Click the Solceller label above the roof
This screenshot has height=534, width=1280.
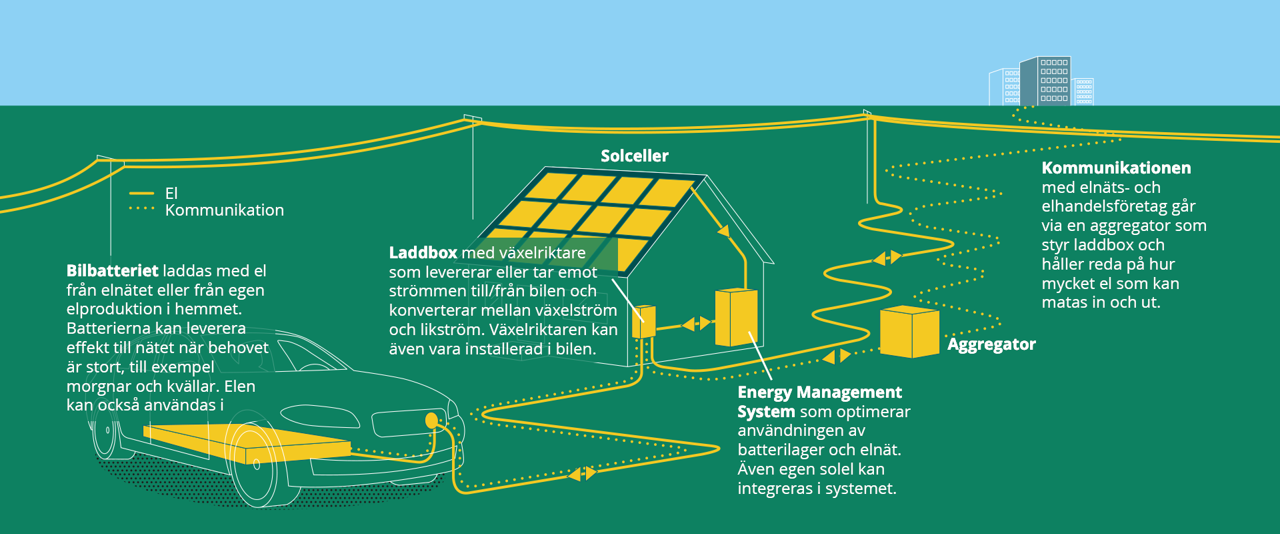point(634,156)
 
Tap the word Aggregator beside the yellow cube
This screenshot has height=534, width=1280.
point(991,344)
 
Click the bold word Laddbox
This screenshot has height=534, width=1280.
point(423,253)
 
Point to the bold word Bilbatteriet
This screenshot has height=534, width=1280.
point(112,271)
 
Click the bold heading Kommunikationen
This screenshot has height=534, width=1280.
point(1116,168)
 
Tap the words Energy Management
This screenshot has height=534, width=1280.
point(819,392)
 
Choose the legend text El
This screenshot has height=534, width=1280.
point(171,194)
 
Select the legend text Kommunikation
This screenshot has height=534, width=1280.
point(225,210)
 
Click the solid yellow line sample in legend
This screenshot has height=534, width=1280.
point(141,194)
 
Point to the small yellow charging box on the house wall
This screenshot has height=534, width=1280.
point(644,322)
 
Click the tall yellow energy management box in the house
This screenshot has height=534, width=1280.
point(736,318)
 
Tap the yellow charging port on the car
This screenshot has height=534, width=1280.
point(431,420)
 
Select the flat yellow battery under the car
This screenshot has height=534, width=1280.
point(247,443)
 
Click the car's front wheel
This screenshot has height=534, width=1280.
point(254,465)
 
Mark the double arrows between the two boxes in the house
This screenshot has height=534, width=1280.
point(696,324)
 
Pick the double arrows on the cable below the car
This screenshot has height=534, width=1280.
point(581,473)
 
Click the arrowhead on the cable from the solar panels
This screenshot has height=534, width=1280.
point(723,231)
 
